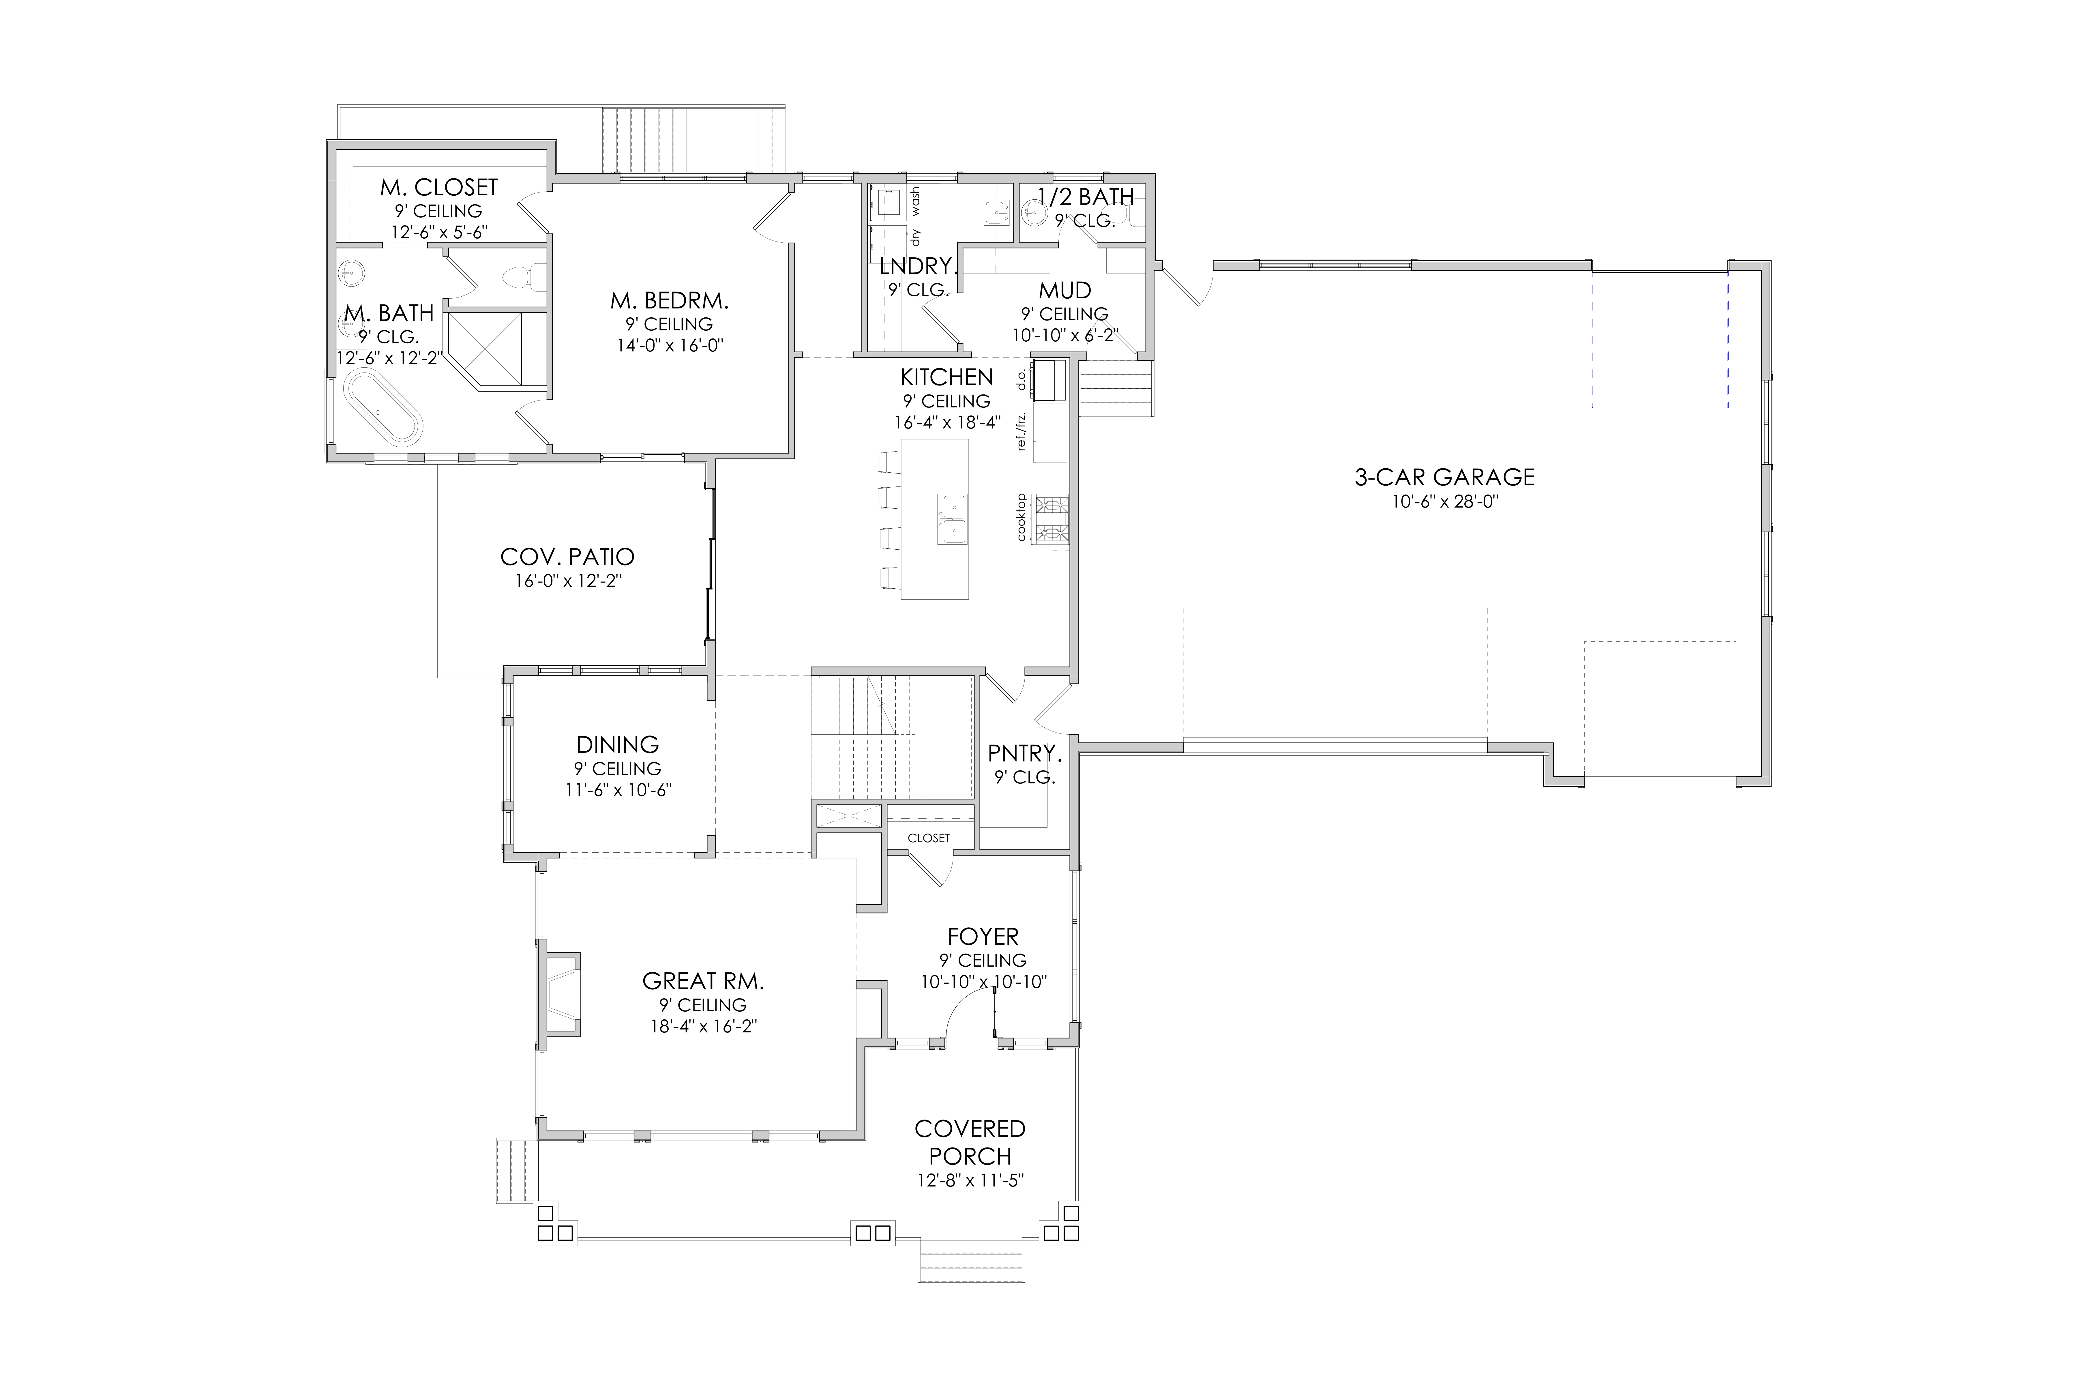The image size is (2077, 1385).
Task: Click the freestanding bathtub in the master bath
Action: [383, 406]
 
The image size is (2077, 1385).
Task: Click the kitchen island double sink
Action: [952, 519]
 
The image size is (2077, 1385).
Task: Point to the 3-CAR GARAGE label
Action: [1445, 477]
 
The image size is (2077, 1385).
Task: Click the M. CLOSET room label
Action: [439, 187]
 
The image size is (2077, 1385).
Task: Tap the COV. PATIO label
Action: [567, 557]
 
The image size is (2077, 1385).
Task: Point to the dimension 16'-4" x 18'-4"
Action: [947, 422]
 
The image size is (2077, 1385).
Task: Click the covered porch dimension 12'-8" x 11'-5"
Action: [970, 1180]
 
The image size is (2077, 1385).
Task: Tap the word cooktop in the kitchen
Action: [1022, 517]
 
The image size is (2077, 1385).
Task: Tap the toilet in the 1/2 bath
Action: [1032, 212]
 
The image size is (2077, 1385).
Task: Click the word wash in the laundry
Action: [915, 201]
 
